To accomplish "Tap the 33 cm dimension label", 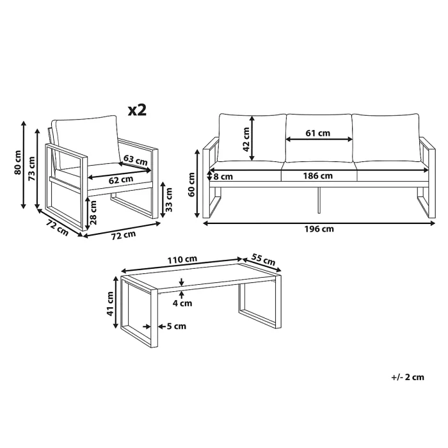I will pyautogui.click(x=170, y=200).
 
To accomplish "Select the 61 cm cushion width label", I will pyautogui.click(x=318, y=134).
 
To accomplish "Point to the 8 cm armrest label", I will pyautogui.click(x=223, y=176).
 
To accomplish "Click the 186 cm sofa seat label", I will pyautogui.click(x=318, y=176).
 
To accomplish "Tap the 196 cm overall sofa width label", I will pyautogui.click(x=318, y=228).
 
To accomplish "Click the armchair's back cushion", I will pyautogui.click(x=84, y=134).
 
